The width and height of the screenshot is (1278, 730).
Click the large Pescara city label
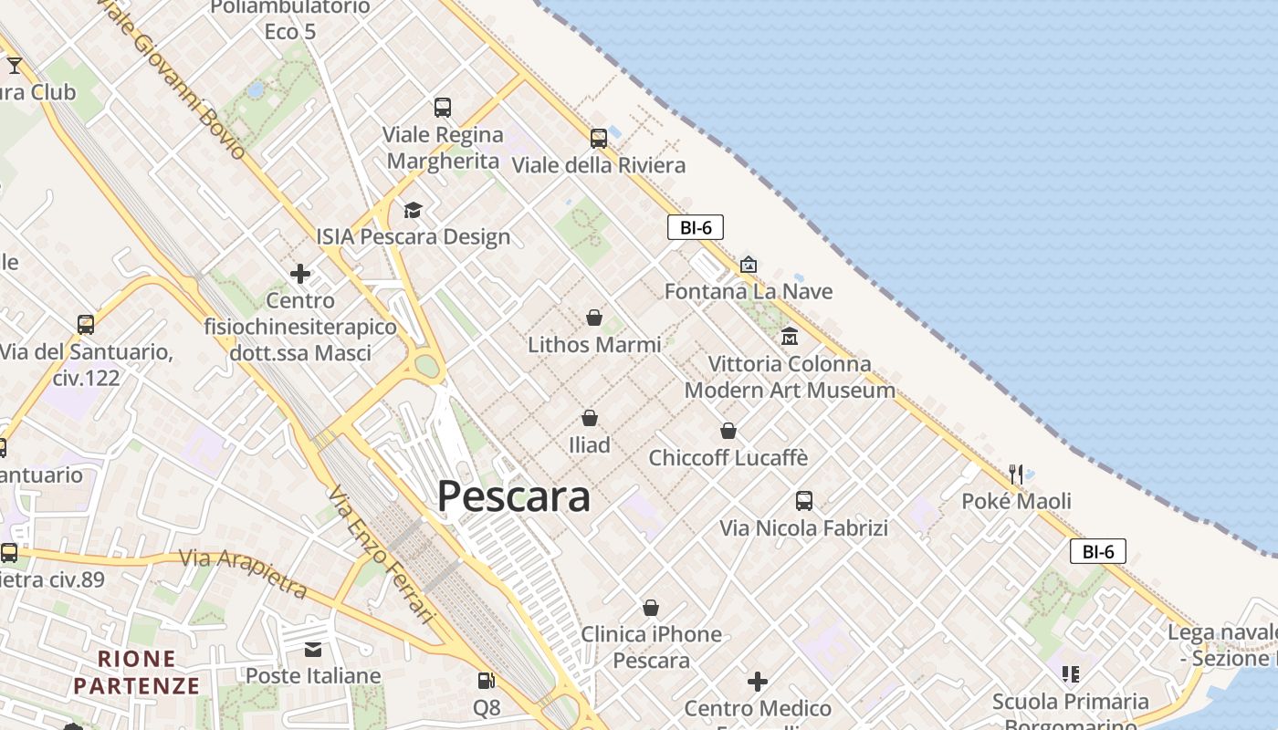(x=513, y=496)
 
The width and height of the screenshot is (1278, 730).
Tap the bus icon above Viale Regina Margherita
(x=443, y=108)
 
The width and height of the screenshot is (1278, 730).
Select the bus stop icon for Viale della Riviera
(x=599, y=139)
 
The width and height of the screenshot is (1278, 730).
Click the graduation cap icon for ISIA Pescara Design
(x=414, y=211)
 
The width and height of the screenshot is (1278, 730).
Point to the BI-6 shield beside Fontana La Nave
(x=696, y=227)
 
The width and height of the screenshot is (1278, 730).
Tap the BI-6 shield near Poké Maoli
(x=1098, y=551)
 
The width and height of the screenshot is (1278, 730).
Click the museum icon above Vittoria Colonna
(x=790, y=337)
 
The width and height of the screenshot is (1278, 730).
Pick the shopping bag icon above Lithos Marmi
(x=594, y=318)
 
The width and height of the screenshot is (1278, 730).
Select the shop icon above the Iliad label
(x=590, y=418)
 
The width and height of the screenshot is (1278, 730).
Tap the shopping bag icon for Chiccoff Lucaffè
(x=728, y=431)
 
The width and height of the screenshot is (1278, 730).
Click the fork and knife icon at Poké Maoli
(x=1016, y=474)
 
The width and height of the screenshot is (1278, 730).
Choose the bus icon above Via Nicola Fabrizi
(x=804, y=501)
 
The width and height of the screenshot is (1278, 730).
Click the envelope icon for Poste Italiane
(x=313, y=650)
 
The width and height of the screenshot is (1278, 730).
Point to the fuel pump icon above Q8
(x=487, y=681)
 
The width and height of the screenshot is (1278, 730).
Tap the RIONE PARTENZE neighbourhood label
(x=137, y=672)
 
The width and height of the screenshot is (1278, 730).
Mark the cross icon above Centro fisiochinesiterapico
(x=300, y=274)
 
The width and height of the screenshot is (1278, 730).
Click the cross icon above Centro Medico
(x=758, y=682)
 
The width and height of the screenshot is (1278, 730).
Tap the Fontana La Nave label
(x=749, y=291)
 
